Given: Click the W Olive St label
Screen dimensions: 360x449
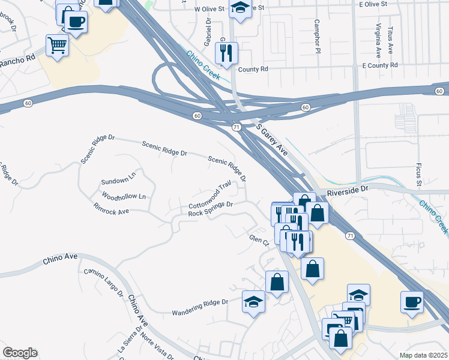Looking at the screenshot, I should [x=209, y=10].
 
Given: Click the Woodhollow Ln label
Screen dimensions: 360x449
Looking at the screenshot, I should [x=124, y=196].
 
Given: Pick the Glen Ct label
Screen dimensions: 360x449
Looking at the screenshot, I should [x=259, y=241].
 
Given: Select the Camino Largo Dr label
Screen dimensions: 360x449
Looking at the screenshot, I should [x=103, y=284].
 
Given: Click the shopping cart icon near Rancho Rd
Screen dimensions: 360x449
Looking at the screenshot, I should [x=57, y=44].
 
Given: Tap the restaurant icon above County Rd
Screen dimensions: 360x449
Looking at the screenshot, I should [x=226, y=52].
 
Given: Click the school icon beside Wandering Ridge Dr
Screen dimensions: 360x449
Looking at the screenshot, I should [x=254, y=301].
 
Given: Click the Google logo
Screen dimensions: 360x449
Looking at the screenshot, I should [x=19, y=353].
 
